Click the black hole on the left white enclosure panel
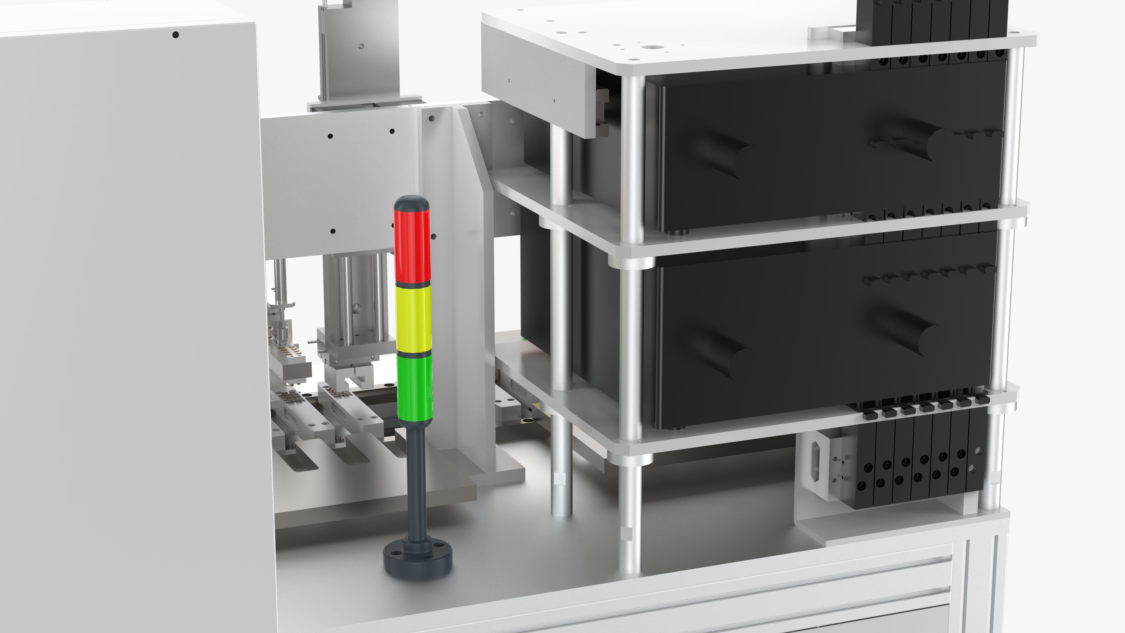point(175,35)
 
